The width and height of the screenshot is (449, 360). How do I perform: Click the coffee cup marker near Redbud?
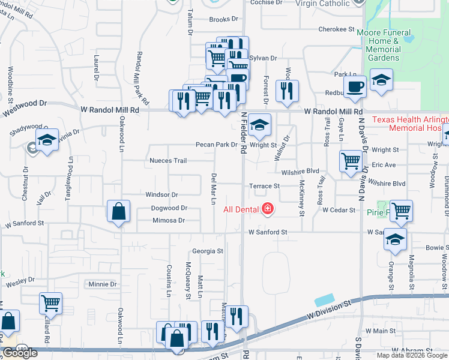pyautogui.click(x=355, y=86)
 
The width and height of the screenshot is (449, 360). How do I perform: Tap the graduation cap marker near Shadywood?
pyautogui.click(x=47, y=140)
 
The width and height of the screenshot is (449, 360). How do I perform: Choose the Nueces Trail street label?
pyautogui.click(x=168, y=161)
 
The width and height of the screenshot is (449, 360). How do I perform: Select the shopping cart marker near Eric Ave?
pyautogui.click(x=351, y=161)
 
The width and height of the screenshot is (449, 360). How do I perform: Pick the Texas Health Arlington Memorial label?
pyautogui.click(x=410, y=124)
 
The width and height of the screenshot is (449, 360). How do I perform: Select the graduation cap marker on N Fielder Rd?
pyautogui.click(x=260, y=125)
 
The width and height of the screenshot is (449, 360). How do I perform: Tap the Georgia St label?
pyautogui.click(x=208, y=251)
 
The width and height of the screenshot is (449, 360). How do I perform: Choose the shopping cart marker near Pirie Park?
pyautogui.click(x=401, y=211)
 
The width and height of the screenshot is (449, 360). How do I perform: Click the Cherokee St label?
pyautogui.click(x=336, y=29)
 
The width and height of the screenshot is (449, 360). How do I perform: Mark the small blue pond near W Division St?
pyautogui.click(x=324, y=300)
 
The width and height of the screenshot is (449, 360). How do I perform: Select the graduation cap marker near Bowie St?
pyautogui.click(x=395, y=239)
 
